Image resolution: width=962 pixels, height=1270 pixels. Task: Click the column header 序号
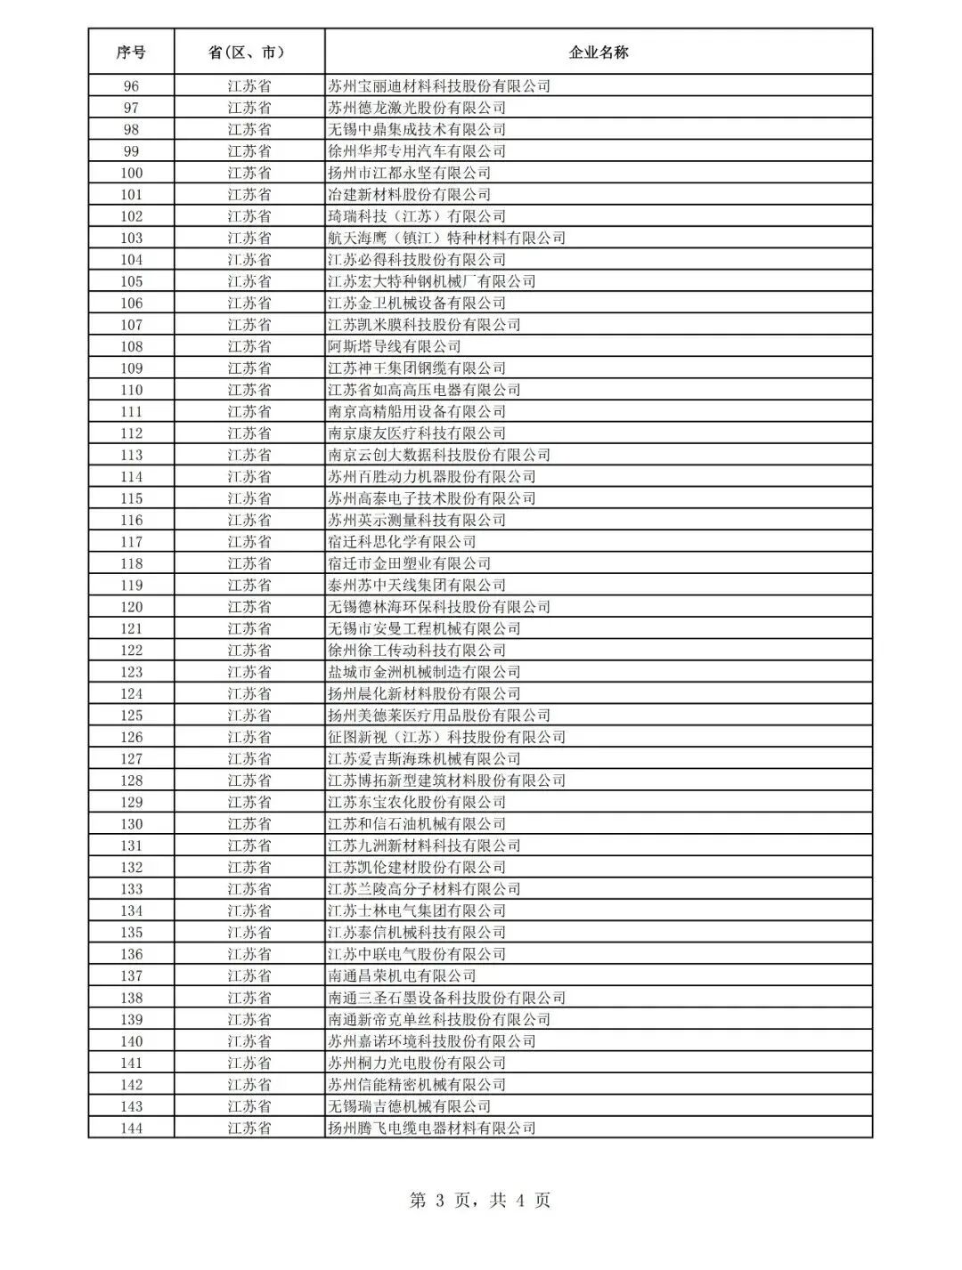[x=131, y=53]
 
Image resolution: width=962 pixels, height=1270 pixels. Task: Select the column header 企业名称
[x=598, y=53]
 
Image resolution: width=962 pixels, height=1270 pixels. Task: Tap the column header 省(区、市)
[x=249, y=53]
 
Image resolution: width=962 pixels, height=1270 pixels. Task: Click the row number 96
[x=131, y=86]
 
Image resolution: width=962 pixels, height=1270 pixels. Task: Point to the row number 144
[x=131, y=1128]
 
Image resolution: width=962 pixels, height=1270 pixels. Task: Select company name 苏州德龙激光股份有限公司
[x=417, y=108]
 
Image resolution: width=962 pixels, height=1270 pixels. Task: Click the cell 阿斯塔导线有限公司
[x=395, y=346]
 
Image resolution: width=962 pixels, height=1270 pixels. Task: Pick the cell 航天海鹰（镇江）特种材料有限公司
[x=446, y=238]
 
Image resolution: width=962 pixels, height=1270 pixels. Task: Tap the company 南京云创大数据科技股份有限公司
[x=439, y=455]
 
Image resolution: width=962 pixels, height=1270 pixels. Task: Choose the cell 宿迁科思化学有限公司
[x=402, y=542]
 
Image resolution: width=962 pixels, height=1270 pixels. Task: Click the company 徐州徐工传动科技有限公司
[x=417, y=651]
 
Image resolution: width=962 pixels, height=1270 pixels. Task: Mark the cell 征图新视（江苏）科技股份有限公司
[x=446, y=737]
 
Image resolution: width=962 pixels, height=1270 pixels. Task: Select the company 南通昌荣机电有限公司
[x=402, y=976]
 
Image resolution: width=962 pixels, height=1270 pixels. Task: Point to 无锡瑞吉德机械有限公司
[x=410, y=1106]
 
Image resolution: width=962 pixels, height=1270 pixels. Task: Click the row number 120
[x=131, y=607]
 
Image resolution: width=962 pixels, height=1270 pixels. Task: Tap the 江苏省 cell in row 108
[x=249, y=346]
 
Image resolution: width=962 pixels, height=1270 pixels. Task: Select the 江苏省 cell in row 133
[x=249, y=889]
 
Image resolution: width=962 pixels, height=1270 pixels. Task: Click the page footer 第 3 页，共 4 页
[x=480, y=1201]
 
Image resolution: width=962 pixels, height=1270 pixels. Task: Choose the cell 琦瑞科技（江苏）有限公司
[x=417, y=216]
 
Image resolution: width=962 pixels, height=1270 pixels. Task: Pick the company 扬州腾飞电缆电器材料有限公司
[x=432, y=1128]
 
